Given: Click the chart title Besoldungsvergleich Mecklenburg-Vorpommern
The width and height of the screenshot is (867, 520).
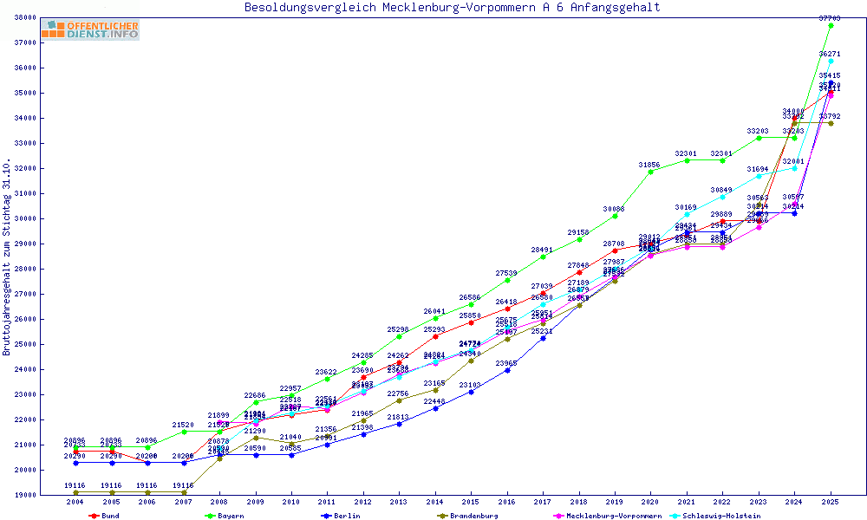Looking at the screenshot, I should tap(452, 8).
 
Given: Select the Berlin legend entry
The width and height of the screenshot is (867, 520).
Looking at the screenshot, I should tap(342, 516).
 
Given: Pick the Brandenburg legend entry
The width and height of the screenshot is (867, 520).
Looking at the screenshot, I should tap(469, 516).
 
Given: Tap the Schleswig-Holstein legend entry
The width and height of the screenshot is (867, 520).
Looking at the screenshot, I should tap(720, 516).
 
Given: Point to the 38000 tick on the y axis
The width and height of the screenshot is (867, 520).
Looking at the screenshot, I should tap(24, 17).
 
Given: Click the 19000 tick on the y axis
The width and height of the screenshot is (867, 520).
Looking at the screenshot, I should tap(24, 495).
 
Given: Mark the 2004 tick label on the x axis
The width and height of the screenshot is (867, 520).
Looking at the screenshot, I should tap(75, 502).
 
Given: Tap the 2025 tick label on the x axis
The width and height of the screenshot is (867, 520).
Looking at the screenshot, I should tap(831, 502).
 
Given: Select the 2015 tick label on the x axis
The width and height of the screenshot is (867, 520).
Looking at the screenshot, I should tap(471, 502).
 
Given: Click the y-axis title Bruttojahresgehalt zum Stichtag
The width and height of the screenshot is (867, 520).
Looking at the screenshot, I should tap(7, 257).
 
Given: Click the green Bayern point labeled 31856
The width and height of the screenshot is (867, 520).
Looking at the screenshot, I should tap(651, 172).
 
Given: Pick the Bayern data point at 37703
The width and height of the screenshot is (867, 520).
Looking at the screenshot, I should tap(831, 25).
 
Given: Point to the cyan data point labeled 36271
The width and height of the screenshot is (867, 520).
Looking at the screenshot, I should tap(831, 61).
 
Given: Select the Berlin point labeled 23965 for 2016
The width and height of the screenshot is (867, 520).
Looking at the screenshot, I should tap(507, 370).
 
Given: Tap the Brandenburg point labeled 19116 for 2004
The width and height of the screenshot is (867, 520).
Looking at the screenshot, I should tap(76, 492).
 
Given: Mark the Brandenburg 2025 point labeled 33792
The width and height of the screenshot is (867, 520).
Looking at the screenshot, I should tap(831, 123).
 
